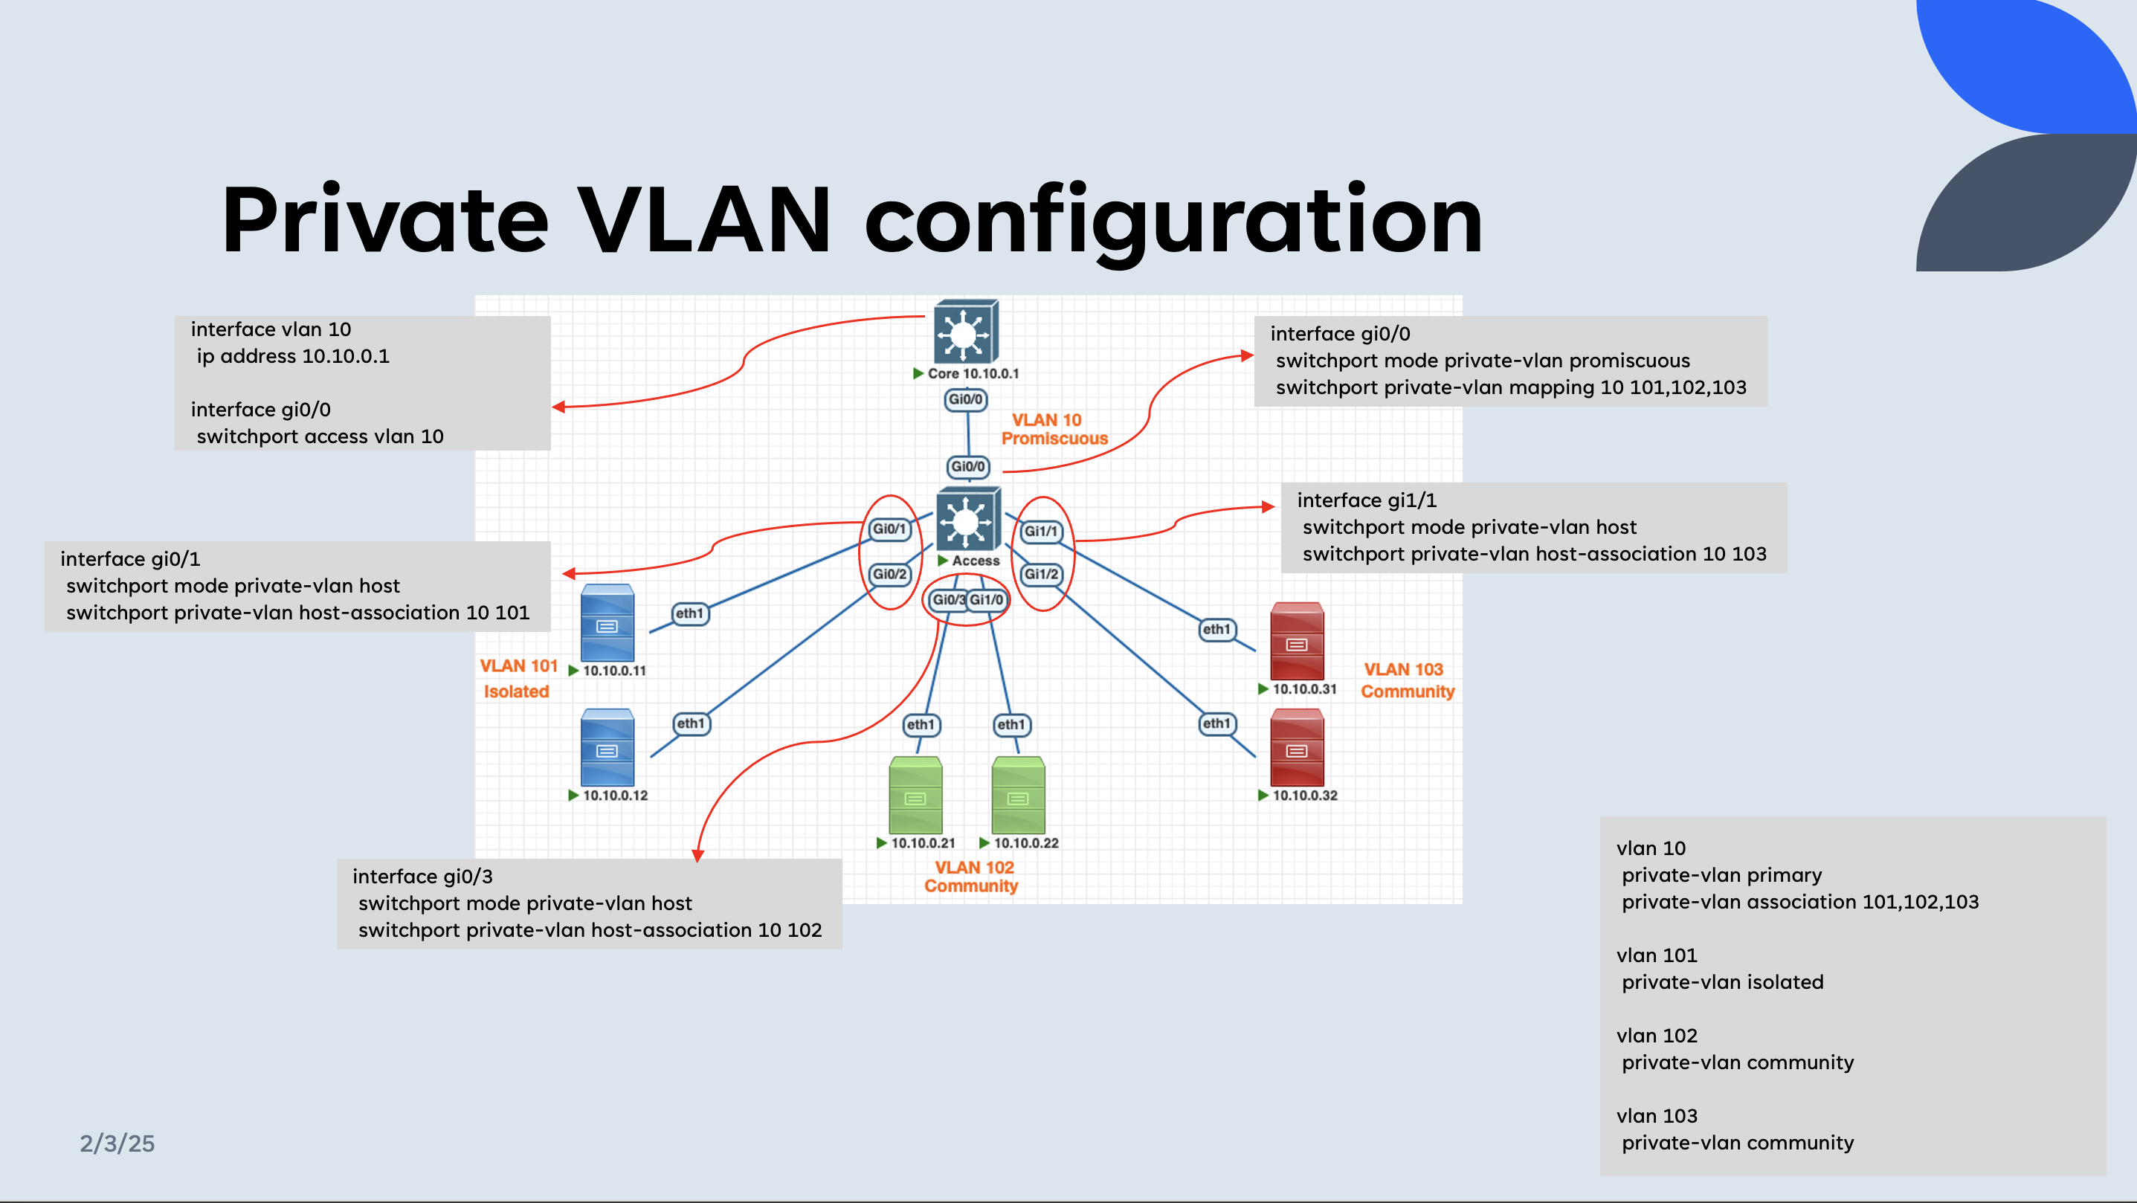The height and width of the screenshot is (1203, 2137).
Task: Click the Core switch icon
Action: tap(965, 332)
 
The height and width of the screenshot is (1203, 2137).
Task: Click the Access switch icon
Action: tap(967, 520)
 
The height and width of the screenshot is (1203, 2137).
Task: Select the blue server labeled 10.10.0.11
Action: tap(607, 623)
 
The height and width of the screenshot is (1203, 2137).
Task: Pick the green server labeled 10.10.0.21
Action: tap(915, 795)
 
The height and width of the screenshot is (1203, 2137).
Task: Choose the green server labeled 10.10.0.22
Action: tap(1018, 795)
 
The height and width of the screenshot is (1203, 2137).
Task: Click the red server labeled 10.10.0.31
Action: tap(1297, 642)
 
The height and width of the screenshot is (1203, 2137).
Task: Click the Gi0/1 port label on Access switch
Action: tap(889, 529)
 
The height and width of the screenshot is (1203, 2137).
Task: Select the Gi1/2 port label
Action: tap(1041, 574)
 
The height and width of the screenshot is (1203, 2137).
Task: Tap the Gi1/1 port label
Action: tap(1041, 531)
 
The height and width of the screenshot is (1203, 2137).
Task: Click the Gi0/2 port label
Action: tap(889, 574)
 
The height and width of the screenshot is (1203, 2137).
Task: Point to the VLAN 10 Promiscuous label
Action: tap(1053, 429)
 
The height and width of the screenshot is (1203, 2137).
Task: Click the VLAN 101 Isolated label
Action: tap(518, 678)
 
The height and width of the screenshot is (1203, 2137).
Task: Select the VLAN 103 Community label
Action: tap(1406, 680)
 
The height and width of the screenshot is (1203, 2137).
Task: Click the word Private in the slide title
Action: tap(385, 220)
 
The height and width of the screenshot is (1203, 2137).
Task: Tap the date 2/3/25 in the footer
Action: tap(117, 1144)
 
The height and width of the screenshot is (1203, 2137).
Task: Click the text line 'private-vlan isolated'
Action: tap(1722, 982)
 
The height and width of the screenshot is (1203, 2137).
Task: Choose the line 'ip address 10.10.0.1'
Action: tap(293, 357)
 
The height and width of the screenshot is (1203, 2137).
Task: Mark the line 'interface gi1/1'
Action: tap(1367, 500)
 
